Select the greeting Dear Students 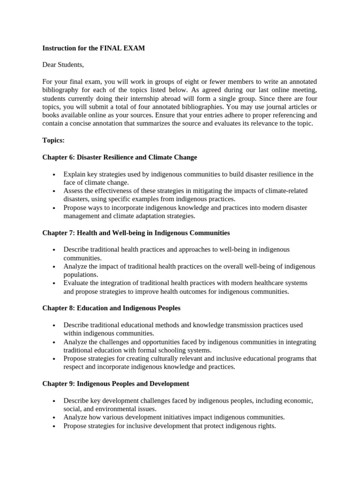point(63,65)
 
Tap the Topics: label point(53,141)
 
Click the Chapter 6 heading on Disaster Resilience point(120,157)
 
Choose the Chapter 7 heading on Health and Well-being point(136,232)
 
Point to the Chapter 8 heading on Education point(111,308)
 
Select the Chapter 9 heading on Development point(116,383)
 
